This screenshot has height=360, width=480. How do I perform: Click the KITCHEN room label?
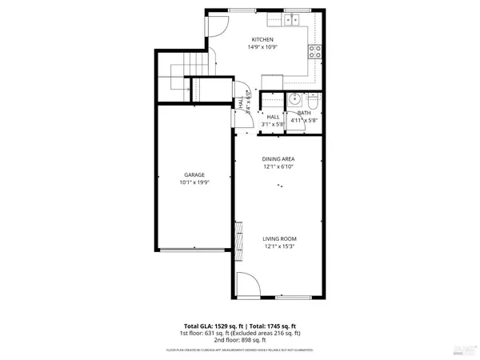pyautogui.click(x=262, y=40)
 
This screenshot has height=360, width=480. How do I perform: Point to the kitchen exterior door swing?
pyautogui.click(x=217, y=26)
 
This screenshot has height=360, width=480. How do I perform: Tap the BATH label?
pyautogui.click(x=304, y=113)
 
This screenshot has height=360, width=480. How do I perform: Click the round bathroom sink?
pyautogui.click(x=294, y=100)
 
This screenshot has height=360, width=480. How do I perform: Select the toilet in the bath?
pyautogui.click(x=313, y=101)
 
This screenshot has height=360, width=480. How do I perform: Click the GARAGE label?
pyautogui.click(x=194, y=174)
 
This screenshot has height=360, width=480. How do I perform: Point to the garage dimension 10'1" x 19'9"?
pyautogui.click(x=194, y=183)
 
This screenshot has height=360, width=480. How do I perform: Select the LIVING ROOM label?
pyautogui.click(x=280, y=238)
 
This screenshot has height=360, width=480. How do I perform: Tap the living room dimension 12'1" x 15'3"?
pyautogui.click(x=280, y=246)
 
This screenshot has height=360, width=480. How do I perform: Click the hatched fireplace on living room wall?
pyautogui.click(x=237, y=238)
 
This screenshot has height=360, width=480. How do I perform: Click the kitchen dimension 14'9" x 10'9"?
pyautogui.click(x=262, y=47)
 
